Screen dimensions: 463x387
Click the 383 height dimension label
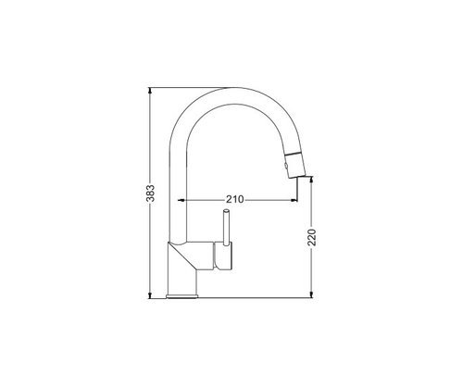pyautogui.click(x=150, y=193)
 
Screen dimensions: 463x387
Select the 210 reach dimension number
pyautogui.click(x=234, y=199)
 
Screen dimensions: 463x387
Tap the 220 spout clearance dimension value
pyautogui.click(x=312, y=237)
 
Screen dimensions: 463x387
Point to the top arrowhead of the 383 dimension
pyautogui.click(x=150, y=91)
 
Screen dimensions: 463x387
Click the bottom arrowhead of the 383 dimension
pyautogui.click(x=150, y=295)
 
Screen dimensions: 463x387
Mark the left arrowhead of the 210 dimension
pyautogui.click(x=181, y=200)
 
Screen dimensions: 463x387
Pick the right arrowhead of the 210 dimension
pyautogui.click(x=294, y=200)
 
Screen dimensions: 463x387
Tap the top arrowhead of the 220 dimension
pyautogui.click(x=311, y=180)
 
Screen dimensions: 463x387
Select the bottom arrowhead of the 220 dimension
pyautogui.click(x=311, y=295)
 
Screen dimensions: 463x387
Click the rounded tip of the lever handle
pyautogui.click(x=226, y=211)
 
